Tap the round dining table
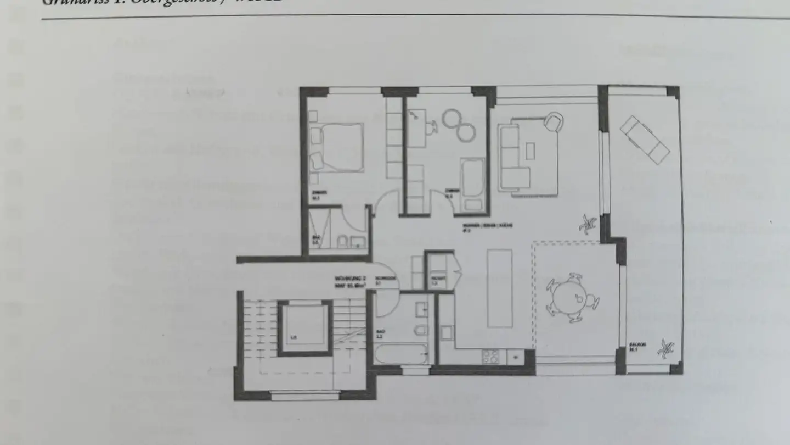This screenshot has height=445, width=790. pyautogui.click(x=571, y=297)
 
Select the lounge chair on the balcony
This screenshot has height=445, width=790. pyautogui.click(x=644, y=140)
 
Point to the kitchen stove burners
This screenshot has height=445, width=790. pyautogui.click(x=490, y=356)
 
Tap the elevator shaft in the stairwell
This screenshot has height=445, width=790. pyautogui.click(x=304, y=327)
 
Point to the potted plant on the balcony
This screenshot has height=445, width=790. pyautogui.click(x=667, y=347)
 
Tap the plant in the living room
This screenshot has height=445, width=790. pyautogui.click(x=588, y=223)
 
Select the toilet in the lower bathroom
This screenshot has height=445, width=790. pyautogui.click(x=421, y=330)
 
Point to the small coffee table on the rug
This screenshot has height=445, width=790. pyautogui.click(x=530, y=150)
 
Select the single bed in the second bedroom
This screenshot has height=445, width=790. pyautogui.click(x=472, y=185)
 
